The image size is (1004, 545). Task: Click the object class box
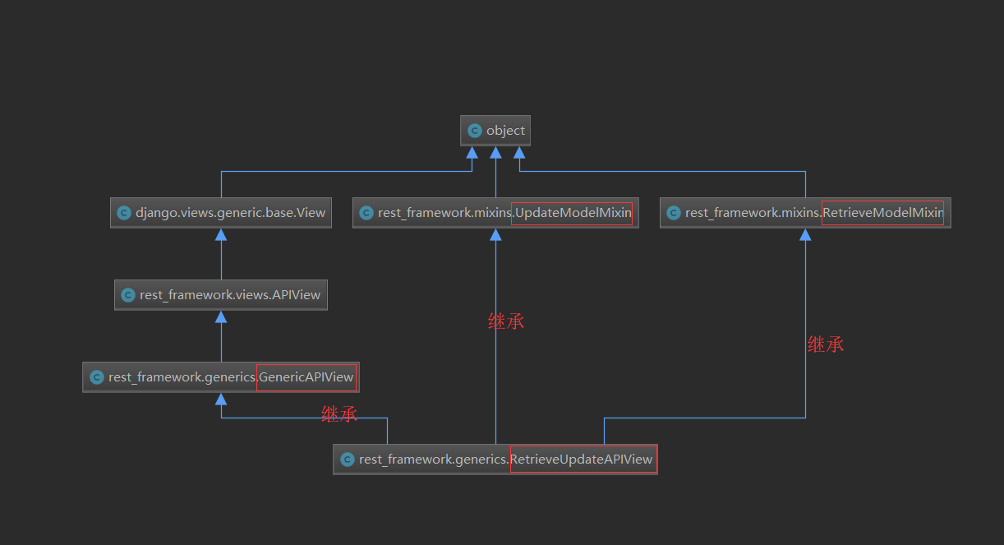click(x=495, y=131)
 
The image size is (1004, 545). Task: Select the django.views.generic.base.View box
click(x=221, y=213)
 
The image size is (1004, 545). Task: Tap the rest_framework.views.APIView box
click(x=221, y=295)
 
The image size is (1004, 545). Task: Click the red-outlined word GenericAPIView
click(x=306, y=377)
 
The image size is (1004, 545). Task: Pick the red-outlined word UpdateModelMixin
click(x=572, y=213)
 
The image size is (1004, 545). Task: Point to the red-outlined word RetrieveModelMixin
click(x=882, y=213)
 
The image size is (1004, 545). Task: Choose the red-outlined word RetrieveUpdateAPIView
click(x=583, y=460)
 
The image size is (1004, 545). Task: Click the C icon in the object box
click(x=474, y=131)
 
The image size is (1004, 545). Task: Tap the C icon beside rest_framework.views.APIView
click(x=127, y=295)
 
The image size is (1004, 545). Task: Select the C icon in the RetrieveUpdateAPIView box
click(x=347, y=460)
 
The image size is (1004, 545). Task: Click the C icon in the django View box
click(x=124, y=213)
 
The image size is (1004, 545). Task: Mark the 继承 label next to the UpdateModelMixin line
click(x=506, y=321)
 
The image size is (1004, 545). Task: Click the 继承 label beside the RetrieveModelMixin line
click(x=826, y=344)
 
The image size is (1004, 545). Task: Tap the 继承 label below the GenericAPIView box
click(x=339, y=414)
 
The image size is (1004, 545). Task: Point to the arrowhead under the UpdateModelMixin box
click(x=495, y=235)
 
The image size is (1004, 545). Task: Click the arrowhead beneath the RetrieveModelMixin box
click(x=805, y=235)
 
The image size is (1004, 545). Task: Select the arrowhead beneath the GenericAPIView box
click(x=221, y=400)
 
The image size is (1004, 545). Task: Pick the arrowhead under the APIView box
click(x=221, y=317)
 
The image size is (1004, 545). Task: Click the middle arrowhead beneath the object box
click(x=495, y=153)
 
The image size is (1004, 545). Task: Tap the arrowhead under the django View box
click(x=221, y=235)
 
